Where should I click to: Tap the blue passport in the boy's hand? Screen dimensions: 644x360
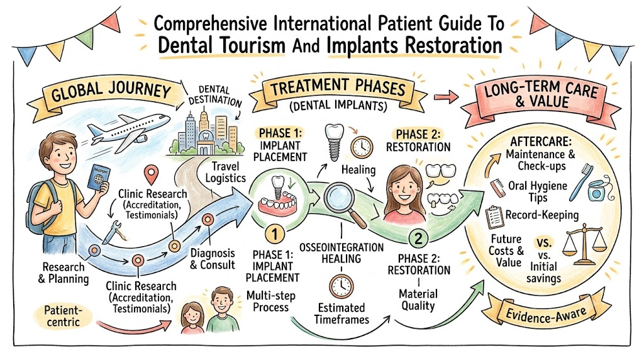coord(99,177)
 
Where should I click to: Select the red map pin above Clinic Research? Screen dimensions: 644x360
coord(152,175)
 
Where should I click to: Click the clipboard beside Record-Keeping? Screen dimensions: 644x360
coord(494,217)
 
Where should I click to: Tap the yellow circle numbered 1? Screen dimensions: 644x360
coord(274,234)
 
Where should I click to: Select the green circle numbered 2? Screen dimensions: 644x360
coord(418,239)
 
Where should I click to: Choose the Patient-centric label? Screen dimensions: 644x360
coord(63,315)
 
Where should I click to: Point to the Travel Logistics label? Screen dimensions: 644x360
coord(226,172)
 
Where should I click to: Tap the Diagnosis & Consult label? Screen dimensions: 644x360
coord(213,259)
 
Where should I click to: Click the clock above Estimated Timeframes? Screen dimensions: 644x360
coord(341,286)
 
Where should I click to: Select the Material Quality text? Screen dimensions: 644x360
coord(418,300)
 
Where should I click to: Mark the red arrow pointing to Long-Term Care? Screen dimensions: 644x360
coord(446,97)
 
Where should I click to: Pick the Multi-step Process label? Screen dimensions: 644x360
coord(270,301)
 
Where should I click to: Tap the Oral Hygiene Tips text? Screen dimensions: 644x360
coord(538,191)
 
